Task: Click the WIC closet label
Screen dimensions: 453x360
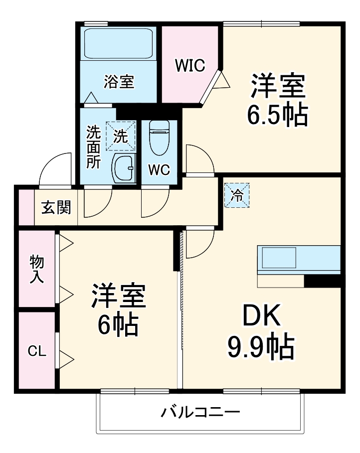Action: tap(189, 66)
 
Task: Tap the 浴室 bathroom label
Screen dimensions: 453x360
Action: tap(119, 81)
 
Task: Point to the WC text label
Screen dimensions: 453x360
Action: tap(159, 169)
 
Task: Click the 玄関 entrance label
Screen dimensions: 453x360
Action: tap(56, 207)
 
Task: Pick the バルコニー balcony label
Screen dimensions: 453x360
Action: tap(200, 412)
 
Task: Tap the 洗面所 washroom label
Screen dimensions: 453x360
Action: tap(93, 147)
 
